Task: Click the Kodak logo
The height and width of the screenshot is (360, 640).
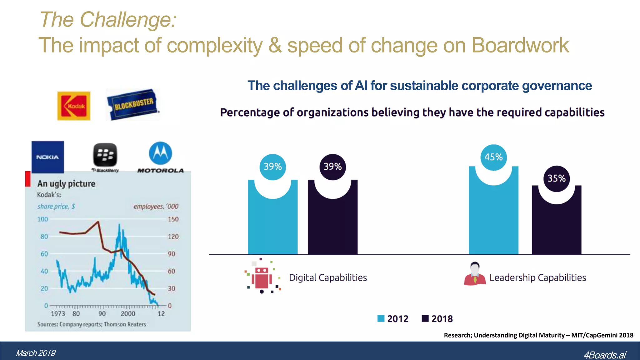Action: tap(74, 106)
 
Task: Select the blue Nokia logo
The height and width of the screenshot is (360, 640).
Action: tap(47, 157)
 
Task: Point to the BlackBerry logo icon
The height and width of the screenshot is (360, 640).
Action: tap(105, 155)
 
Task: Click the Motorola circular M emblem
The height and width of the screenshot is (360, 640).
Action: tap(160, 153)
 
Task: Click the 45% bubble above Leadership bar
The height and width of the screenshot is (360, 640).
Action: tap(493, 157)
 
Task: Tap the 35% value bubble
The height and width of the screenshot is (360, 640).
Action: tap(557, 178)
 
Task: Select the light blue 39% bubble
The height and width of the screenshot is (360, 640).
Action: tap(272, 167)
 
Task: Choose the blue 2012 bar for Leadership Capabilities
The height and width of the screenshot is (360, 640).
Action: tap(493, 219)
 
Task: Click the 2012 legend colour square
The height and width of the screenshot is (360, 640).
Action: tap(381, 318)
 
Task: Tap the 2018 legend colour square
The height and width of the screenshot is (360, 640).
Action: tap(425, 318)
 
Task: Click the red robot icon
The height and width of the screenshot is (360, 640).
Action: tap(262, 277)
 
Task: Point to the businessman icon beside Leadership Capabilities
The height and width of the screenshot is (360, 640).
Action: tap(475, 274)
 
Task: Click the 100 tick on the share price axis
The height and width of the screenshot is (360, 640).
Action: tap(43, 219)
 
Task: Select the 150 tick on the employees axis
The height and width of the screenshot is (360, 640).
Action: tap(173, 219)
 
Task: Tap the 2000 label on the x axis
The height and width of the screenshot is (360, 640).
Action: tap(128, 314)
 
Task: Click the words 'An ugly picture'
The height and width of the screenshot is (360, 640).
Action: tap(66, 184)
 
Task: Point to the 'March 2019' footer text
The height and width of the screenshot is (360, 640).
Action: tap(36, 353)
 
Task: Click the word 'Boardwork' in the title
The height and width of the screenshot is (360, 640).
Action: tap(520, 46)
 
